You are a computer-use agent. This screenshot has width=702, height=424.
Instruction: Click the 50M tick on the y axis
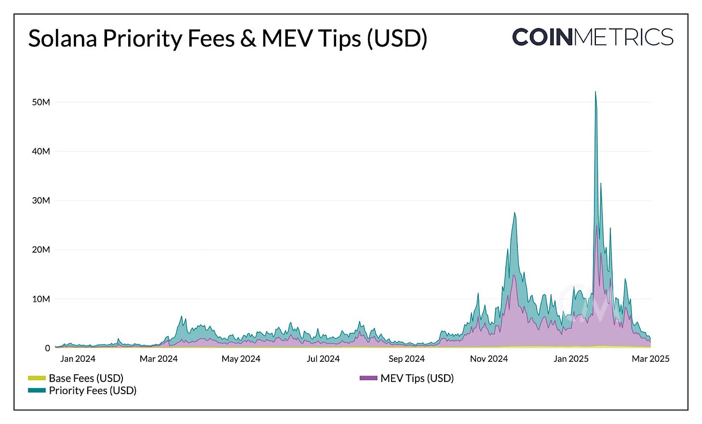[41, 102]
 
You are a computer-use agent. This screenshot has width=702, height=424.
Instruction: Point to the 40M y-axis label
[41, 151]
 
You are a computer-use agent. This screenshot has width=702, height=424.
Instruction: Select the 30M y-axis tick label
[41, 201]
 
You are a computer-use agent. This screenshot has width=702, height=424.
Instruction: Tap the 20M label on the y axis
[41, 250]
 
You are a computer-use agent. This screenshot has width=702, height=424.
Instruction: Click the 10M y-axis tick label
[41, 299]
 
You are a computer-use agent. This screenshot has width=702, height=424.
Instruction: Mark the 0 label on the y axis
[47, 348]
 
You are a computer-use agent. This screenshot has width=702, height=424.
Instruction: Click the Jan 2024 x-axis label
[78, 359]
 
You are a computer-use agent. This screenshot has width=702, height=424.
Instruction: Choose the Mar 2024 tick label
[159, 359]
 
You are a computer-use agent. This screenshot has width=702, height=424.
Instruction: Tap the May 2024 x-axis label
[241, 359]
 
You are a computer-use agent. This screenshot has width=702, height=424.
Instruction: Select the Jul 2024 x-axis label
[323, 359]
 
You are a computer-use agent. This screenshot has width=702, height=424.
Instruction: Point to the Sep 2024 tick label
[406, 359]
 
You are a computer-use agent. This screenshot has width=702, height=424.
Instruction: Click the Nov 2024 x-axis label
[489, 359]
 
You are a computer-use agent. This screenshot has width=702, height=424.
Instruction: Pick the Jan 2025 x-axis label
[571, 359]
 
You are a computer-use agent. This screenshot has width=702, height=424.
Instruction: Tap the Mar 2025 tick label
[650, 359]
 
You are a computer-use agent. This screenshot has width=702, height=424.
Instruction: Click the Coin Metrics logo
[593, 37]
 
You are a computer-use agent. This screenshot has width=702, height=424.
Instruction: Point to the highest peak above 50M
[595, 92]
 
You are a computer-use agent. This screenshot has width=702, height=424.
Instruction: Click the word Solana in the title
[62, 39]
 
